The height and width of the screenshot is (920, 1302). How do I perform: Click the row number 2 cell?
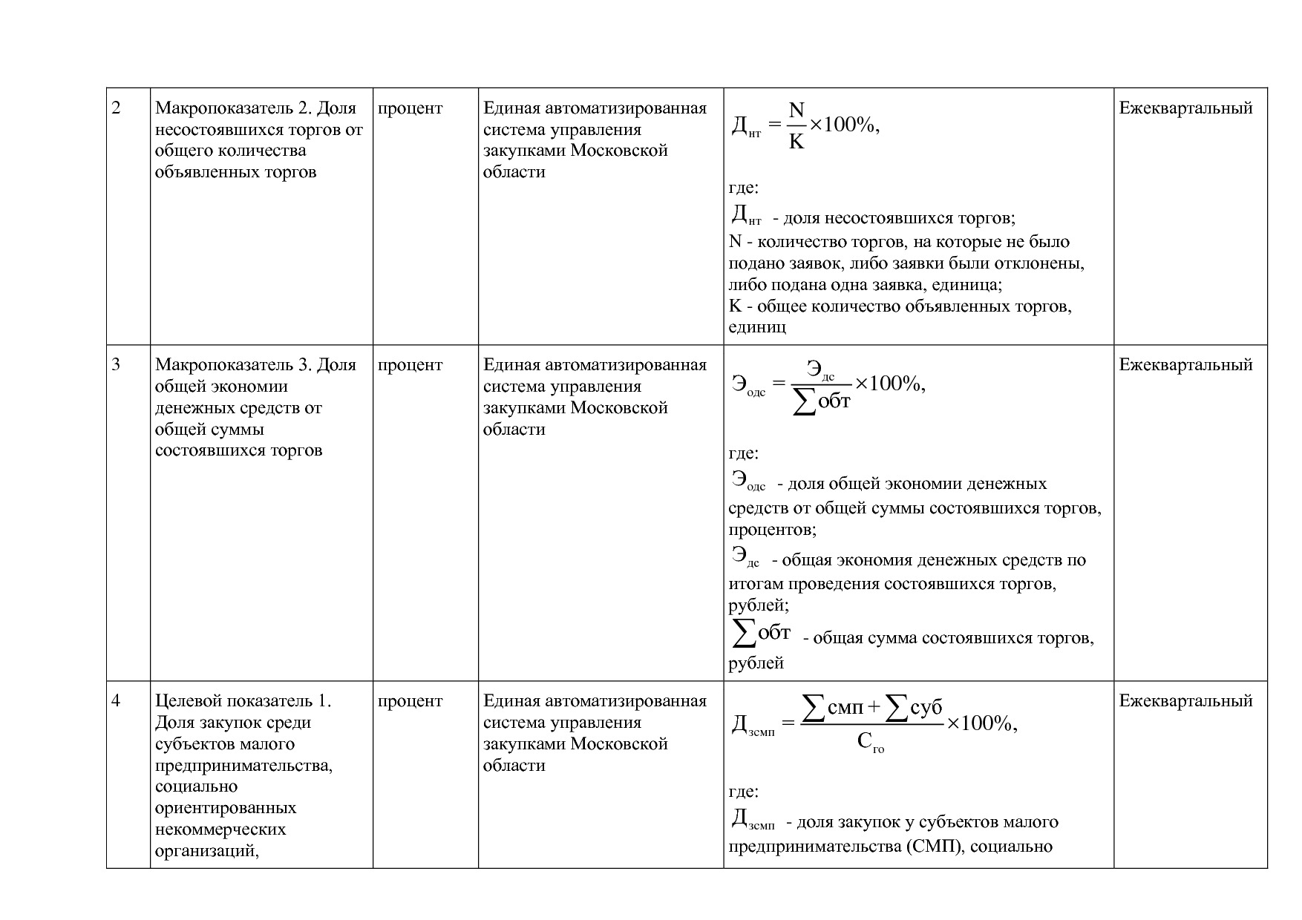pos(117,108)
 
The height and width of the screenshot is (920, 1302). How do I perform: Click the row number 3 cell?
pos(117,365)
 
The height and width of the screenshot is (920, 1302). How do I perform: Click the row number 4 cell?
pos(117,701)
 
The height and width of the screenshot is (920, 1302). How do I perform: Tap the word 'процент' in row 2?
pos(410,108)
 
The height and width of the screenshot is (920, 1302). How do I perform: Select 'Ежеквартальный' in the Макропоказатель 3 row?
pos(1185,365)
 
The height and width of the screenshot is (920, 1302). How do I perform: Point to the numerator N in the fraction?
pos(796,111)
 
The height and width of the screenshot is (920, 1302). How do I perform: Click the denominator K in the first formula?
pos(796,141)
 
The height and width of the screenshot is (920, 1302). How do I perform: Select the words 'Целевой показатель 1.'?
pos(243,701)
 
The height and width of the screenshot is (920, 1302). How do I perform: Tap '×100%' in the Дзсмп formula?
pos(981,723)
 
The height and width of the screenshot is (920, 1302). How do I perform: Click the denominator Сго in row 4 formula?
pos(870,741)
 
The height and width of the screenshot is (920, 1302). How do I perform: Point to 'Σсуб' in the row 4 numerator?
pos(915,709)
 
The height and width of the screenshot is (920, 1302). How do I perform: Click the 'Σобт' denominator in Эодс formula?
pos(822,401)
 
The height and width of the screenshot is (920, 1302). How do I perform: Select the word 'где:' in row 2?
pos(743,188)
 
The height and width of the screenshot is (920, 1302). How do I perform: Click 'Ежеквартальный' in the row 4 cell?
pos(1185,701)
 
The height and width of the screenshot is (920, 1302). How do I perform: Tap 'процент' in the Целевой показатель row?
pos(410,701)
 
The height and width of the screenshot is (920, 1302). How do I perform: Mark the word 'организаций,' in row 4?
pos(206,851)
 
